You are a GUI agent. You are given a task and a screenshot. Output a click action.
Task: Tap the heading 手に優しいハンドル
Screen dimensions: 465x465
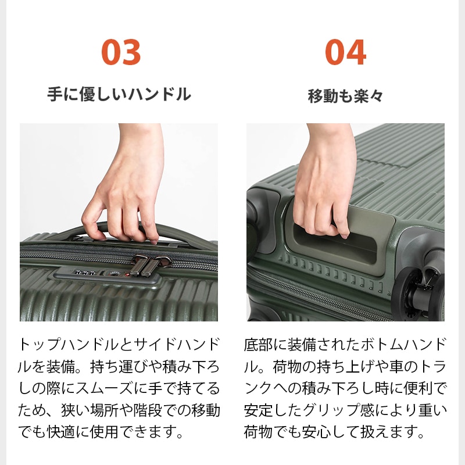tap(119, 94)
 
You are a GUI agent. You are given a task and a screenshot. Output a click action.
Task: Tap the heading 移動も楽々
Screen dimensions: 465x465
tap(345, 96)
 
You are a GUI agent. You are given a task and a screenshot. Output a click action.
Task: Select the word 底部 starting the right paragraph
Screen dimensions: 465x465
tap(258, 343)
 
